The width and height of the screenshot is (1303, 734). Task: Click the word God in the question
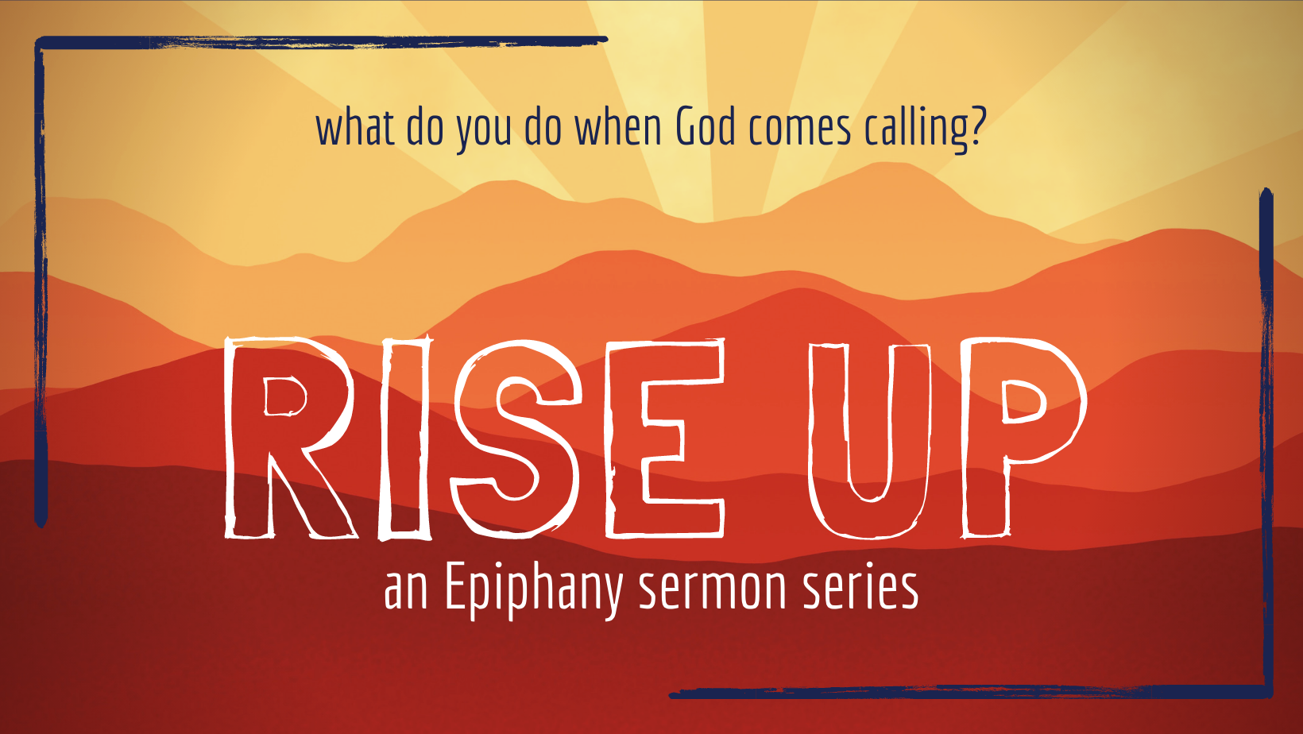click(x=705, y=128)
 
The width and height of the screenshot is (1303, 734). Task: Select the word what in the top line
click(x=355, y=128)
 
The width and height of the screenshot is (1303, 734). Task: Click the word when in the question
click(x=617, y=128)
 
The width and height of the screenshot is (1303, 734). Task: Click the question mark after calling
click(x=976, y=127)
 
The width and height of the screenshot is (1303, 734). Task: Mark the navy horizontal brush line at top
click(x=318, y=41)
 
